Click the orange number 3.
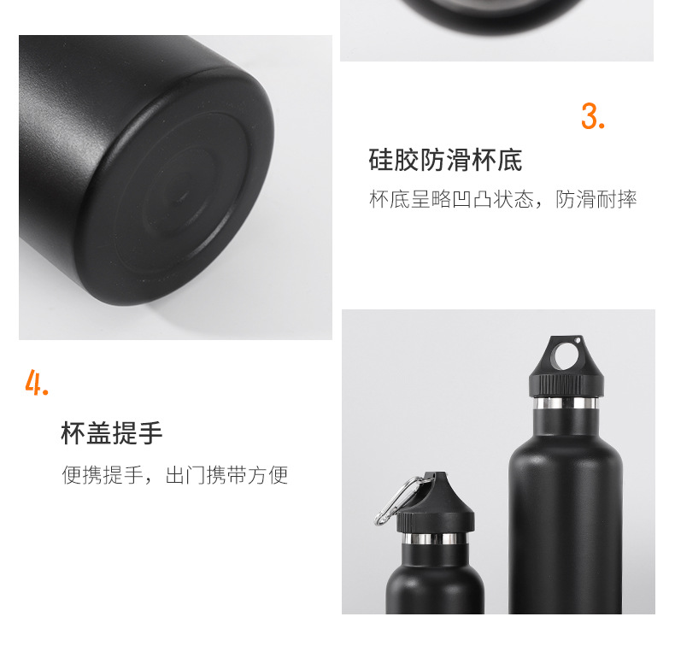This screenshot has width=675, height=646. tap(591, 116)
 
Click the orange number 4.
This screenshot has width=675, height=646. tap(36, 383)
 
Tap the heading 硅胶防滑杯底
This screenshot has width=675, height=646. tap(445, 160)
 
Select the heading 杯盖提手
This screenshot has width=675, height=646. tap(112, 433)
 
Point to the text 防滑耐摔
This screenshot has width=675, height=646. tap(596, 200)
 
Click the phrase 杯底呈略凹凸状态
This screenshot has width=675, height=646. tap(451, 200)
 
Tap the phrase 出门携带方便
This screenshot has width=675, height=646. tap(226, 475)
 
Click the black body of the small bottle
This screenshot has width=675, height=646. tap(435, 585)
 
